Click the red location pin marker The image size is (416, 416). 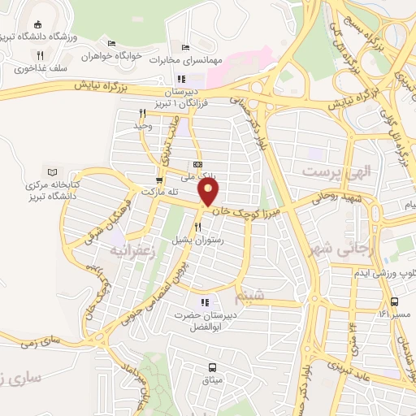pyautogui.click(x=210, y=193)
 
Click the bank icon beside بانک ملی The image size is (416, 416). pyautogui.click(x=210, y=163)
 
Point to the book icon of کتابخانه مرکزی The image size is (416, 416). pyautogui.click(x=54, y=172)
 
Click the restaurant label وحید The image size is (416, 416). pyautogui.click(x=143, y=126)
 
